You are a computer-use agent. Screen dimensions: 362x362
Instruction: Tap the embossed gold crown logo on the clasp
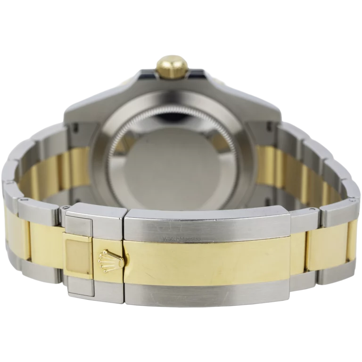coord(105,258)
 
